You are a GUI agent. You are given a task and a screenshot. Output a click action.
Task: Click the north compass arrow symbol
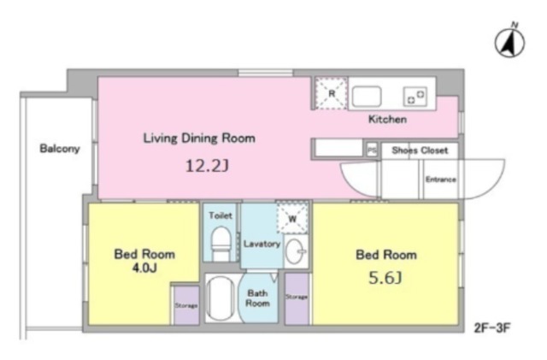509,43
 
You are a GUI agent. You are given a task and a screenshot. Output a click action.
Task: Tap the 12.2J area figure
207,166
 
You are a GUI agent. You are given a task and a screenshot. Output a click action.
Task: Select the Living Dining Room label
199,139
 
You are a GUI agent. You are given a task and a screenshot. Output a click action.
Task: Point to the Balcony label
60,149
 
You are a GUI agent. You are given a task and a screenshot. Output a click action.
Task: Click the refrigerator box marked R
331,93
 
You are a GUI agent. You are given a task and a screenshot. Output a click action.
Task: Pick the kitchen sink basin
367,97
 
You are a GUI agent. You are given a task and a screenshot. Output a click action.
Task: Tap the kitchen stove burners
415,97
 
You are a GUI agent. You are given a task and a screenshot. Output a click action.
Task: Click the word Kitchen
387,120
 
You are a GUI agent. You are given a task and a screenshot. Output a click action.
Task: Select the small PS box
372,150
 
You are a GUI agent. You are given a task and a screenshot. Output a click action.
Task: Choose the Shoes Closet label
420,150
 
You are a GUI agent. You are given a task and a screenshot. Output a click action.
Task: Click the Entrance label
441,180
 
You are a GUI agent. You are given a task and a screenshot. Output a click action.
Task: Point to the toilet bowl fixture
221,244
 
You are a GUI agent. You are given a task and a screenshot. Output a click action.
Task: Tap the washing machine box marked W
292,218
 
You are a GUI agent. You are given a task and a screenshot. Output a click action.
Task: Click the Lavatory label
262,244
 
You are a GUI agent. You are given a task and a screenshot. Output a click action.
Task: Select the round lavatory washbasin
295,251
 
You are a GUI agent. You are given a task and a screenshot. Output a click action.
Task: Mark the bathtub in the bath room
221,298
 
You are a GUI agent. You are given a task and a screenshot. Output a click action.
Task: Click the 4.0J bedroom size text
144,268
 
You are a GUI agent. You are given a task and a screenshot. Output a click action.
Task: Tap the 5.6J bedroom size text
385,278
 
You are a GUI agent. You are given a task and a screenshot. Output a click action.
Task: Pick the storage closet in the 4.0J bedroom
186,305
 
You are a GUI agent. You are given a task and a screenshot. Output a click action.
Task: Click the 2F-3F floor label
492,328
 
